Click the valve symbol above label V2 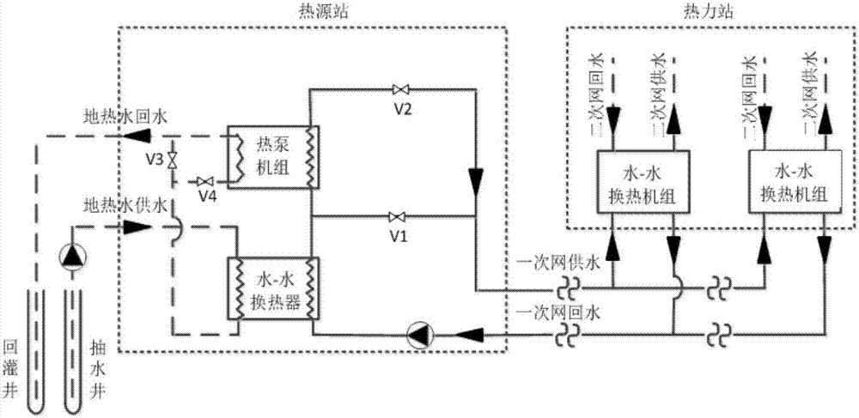coord(400,89)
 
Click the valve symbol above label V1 coord(398,215)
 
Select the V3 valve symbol coord(172,161)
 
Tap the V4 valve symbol coord(204,182)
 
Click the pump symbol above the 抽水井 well coord(71,256)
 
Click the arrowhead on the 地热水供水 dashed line coord(136,227)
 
